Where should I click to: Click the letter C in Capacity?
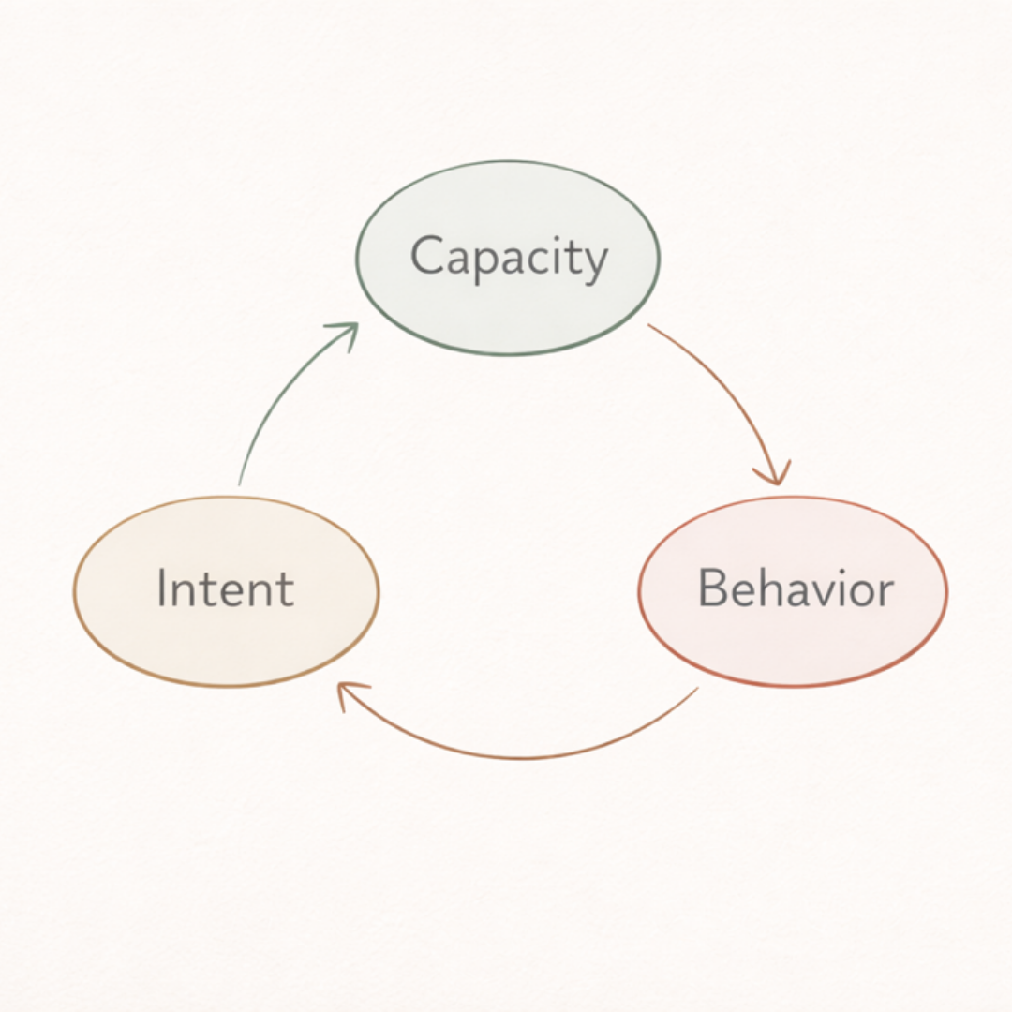[x=427, y=257]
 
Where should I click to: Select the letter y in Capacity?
[x=593, y=263]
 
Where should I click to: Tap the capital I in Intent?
[x=161, y=588]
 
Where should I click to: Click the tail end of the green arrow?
[x=240, y=483]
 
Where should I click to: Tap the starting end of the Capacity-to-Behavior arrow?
[x=649, y=326]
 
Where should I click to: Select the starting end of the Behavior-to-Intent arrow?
[x=696, y=690]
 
